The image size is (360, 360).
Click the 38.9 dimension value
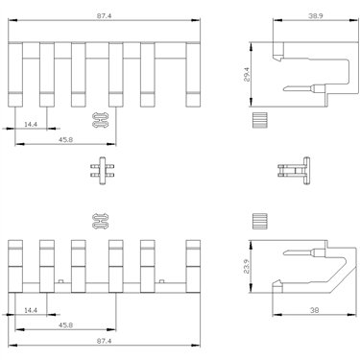315,15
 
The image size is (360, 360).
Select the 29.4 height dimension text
247,75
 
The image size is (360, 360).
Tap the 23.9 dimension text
247,266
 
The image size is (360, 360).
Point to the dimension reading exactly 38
315,310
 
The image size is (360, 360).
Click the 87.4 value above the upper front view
105,15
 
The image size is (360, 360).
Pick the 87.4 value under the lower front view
105,341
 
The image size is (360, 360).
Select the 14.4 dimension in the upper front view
31,124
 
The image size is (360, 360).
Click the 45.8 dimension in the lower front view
65,324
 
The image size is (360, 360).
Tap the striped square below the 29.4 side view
259,120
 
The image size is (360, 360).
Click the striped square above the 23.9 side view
259,221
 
